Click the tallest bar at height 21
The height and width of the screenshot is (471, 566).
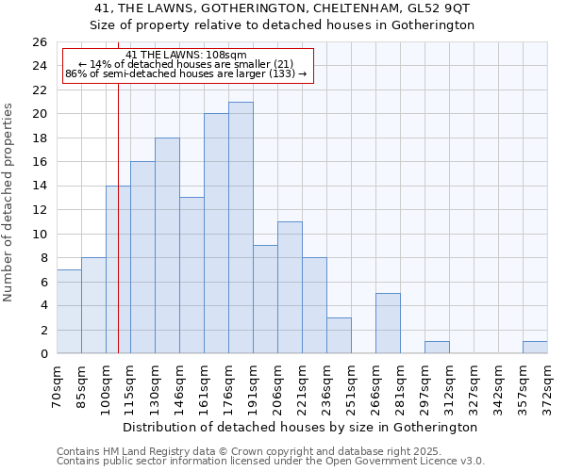[x=241, y=228]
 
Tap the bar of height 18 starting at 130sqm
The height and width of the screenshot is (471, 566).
[x=167, y=246]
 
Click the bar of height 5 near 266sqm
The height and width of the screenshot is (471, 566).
[x=388, y=323]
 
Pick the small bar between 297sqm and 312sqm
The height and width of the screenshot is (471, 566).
[x=437, y=348]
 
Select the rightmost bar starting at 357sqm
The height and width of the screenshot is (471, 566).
[x=535, y=348]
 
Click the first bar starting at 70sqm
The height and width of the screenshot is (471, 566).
[x=69, y=312]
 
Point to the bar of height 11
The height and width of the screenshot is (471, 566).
[x=290, y=287]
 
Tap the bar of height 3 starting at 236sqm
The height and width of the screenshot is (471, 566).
[x=339, y=335]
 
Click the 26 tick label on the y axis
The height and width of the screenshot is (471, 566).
[x=39, y=42]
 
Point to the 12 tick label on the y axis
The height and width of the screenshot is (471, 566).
[x=39, y=210]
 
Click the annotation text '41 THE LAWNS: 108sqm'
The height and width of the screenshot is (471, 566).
[x=186, y=56]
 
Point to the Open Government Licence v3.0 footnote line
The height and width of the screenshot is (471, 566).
[x=271, y=462]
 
